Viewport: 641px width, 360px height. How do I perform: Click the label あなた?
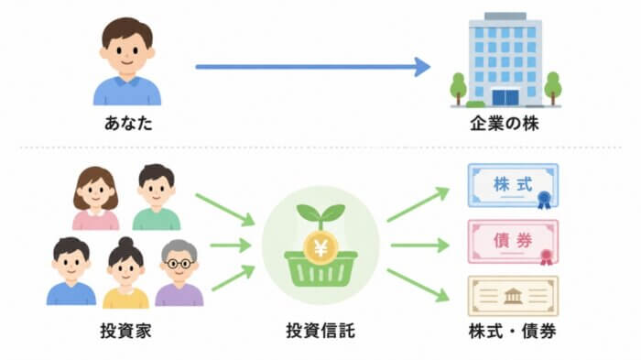point(128,123)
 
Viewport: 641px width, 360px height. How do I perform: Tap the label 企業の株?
point(504,124)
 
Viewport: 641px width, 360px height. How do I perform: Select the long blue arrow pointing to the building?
point(313,67)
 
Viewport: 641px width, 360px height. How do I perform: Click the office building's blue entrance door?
point(505,97)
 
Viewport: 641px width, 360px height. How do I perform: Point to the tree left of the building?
point(458,88)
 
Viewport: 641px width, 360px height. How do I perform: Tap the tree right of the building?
point(553,88)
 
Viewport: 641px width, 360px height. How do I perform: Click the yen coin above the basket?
point(320,246)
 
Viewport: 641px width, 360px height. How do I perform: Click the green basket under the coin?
point(320,269)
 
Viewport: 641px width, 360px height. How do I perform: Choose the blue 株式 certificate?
point(513,186)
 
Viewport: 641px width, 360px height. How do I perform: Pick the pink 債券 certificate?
point(513,241)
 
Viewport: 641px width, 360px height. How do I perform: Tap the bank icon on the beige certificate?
point(513,296)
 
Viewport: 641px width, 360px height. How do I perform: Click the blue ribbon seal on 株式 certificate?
point(544,200)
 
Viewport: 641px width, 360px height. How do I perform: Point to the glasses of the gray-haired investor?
point(179,264)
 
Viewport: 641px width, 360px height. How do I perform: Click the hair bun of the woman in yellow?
point(125,242)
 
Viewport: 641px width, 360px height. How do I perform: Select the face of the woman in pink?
point(95,192)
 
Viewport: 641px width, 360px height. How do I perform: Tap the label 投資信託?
point(320,331)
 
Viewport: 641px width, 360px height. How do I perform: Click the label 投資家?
point(126,331)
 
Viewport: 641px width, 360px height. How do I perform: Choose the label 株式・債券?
point(512,331)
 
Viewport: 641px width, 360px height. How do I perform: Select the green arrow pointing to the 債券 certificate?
point(419,245)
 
